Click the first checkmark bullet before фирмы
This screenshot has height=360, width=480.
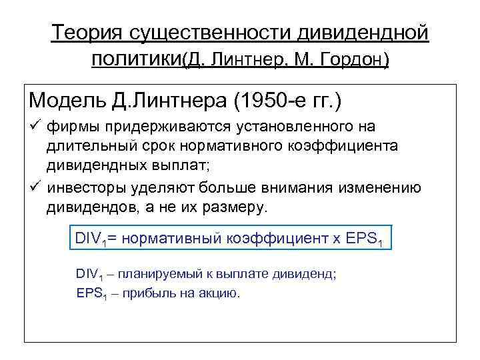click(x=35, y=127)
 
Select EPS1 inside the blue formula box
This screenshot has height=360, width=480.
click(x=365, y=239)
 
